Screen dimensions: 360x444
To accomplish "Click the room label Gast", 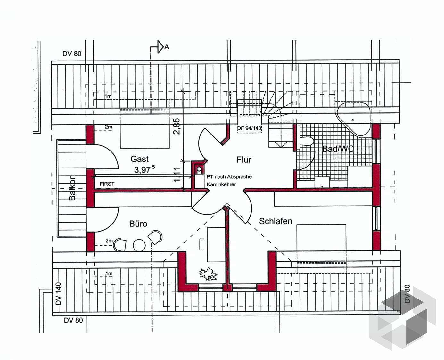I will pos(139,159).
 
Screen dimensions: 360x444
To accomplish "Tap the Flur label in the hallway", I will pos(244,160).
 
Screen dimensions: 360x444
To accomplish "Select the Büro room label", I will pos(138,224).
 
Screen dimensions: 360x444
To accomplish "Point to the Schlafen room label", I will pos(275,221).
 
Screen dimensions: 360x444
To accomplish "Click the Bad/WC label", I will pos(338,149).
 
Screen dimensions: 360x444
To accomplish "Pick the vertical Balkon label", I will pos(72,188).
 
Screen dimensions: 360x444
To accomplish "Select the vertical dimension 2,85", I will pos(177,126).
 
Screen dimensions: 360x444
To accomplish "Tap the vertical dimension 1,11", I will pos(177,175).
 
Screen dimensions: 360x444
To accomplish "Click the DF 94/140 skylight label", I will pos(249,128).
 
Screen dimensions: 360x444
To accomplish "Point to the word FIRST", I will pos(107,184).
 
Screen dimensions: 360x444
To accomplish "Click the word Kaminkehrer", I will pos(221,184).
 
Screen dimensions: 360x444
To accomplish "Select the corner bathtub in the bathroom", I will pos(353,117).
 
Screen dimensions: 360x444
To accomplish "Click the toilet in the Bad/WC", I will pos(306,141).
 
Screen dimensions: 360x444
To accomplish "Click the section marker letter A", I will pos(167,47).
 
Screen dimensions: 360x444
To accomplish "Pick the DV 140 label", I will pos(58,294).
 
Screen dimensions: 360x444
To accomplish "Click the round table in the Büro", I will pos(139,245).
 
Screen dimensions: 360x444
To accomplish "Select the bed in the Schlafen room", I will pos(321,243).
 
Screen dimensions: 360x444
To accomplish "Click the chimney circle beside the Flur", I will pos(199,169).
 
